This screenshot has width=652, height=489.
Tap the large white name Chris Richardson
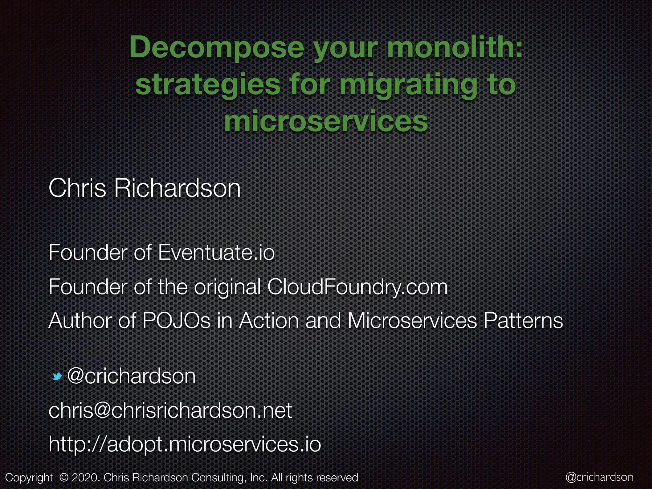[144, 188]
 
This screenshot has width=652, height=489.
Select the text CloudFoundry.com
[357, 287]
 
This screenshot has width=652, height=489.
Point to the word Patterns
[523, 321]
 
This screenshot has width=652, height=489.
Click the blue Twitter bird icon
[57, 377]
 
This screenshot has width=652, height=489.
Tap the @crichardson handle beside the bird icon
[131, 376]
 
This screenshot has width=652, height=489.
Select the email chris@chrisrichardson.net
[170, 411]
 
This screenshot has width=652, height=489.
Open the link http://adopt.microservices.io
[185, 444]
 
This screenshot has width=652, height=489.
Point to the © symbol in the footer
[64, 478]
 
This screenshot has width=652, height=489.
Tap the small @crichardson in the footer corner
[599, 477]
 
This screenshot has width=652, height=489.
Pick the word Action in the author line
[269, 321]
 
